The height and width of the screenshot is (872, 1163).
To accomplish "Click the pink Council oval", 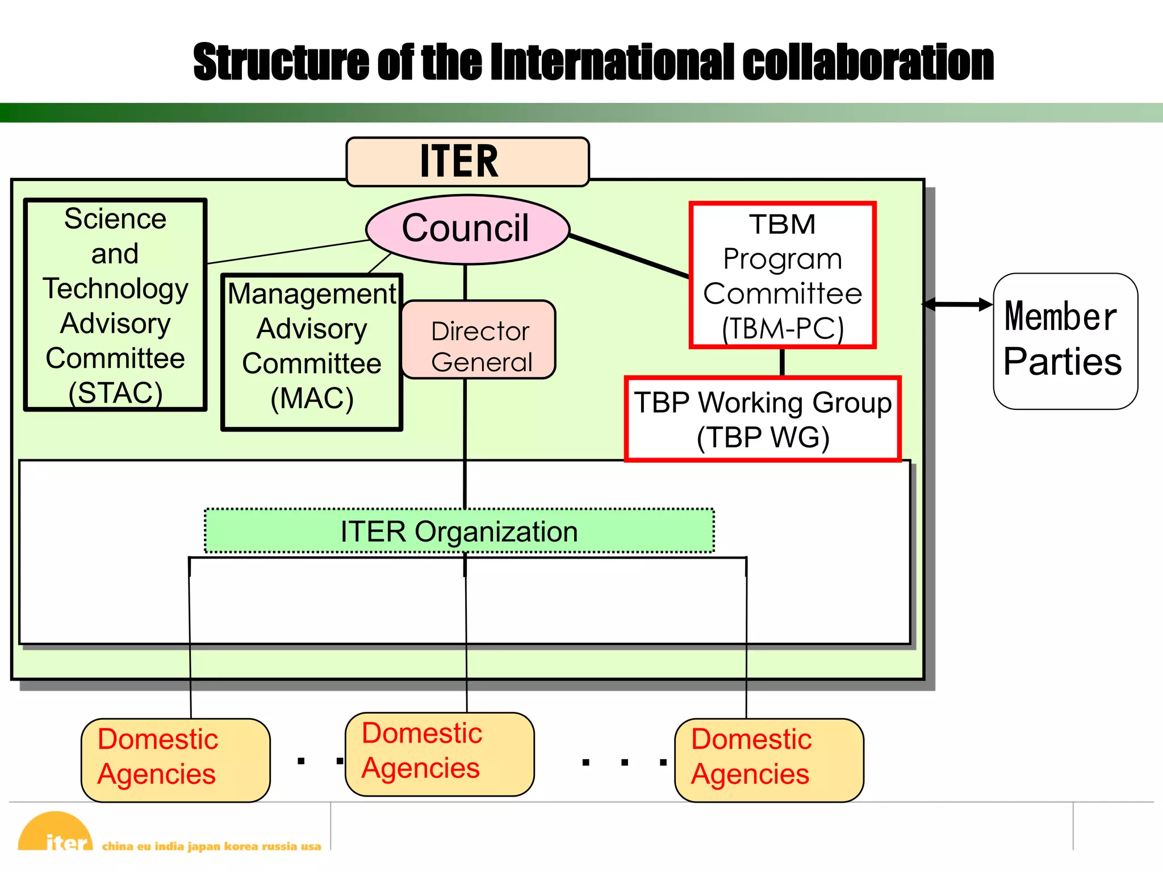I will [467, 229].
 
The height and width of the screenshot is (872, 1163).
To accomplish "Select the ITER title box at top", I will [467, 162].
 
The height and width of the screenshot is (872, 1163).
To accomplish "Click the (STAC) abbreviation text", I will [115, 393].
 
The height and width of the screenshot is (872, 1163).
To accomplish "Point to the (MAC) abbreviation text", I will [312, 399].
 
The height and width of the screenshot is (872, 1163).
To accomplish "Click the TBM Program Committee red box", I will [783, 275].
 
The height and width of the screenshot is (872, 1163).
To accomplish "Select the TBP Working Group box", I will [763, 420].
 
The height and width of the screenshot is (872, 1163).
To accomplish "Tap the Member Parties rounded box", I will [1065, 341].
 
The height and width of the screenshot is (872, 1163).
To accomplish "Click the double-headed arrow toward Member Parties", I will [958, 305].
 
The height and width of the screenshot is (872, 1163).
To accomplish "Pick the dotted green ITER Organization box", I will [459, 531].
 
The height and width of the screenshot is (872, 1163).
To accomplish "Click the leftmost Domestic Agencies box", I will [175, 760].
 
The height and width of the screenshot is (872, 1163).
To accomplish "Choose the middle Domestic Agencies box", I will [440, 753].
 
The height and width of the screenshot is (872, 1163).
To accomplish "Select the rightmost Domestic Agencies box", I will [769, 760].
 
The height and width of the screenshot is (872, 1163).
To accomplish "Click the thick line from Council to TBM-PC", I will [629, 256].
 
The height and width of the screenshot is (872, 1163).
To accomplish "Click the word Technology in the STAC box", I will [115, 288].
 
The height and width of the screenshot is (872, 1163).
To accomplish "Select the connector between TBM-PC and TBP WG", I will [783, 362].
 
